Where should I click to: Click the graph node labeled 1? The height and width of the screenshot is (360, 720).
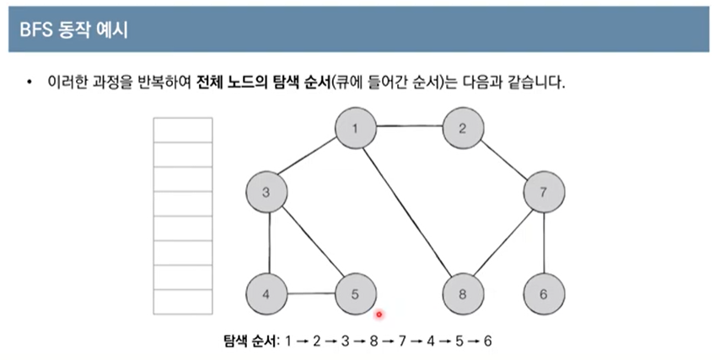point(356,128)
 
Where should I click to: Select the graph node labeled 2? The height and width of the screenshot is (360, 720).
point(463,128)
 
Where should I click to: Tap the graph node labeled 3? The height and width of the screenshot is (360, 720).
point(266,192)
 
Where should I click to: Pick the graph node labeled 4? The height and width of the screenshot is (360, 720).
point(266,294)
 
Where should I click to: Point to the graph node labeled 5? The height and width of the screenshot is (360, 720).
point(355,294)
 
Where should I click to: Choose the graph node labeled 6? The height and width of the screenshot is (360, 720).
point(544,294)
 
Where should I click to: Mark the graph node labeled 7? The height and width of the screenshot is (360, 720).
point(544,192)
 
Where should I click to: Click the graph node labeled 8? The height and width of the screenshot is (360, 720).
point(463,294)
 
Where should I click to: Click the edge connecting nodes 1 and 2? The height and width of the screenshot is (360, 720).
point(409,128)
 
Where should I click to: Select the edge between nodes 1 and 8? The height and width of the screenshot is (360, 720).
point(410,212)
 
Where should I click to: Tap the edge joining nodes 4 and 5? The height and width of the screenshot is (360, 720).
point(310,294)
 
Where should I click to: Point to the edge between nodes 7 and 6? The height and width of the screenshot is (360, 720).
point(544,244)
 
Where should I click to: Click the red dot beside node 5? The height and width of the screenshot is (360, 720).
point(379,314)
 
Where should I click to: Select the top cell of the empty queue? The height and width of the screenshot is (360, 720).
point(182,130)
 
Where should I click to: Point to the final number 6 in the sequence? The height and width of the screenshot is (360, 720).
point(487,341)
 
